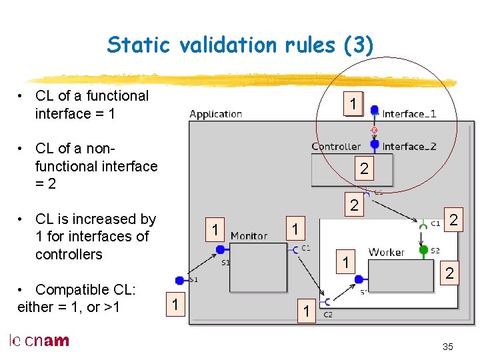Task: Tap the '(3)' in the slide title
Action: coord(358,45)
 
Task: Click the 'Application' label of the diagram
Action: coord(215,114)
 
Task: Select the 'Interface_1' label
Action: coord(409,114)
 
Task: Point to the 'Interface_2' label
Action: coord(409,146)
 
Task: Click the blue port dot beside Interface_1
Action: coord(375,111)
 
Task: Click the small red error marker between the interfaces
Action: coord(375,129)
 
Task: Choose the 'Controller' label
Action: coord(336,146)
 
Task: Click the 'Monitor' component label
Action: coord(249,236)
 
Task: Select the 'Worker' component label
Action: coord(386,252)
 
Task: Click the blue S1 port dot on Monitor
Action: coord(220,249)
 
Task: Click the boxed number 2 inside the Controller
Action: coord(364,169)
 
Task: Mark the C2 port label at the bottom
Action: coord(328,314)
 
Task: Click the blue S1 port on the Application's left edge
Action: coord(179,280)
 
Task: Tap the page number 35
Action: coord(447,347)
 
